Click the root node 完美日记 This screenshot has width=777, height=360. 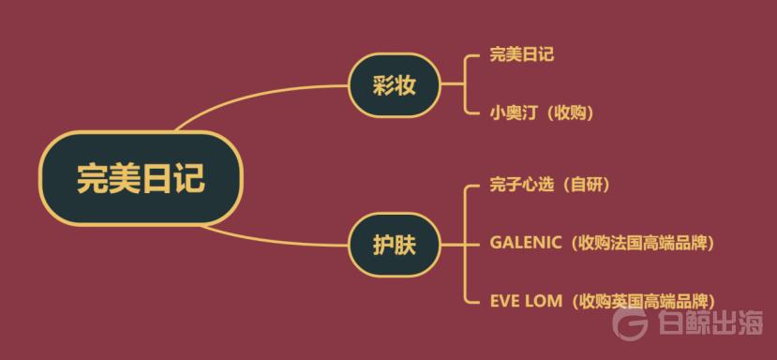tap(141, 178)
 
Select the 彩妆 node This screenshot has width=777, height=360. tap(394, 86)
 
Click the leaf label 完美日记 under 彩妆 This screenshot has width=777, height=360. tap(521, 54)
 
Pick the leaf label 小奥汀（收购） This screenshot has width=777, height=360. tap(541, 112)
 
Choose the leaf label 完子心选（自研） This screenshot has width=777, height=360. tap(549, 185)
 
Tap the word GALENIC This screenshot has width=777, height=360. tap(525, 243)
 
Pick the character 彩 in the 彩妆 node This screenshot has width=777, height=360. tap(381, 86)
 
